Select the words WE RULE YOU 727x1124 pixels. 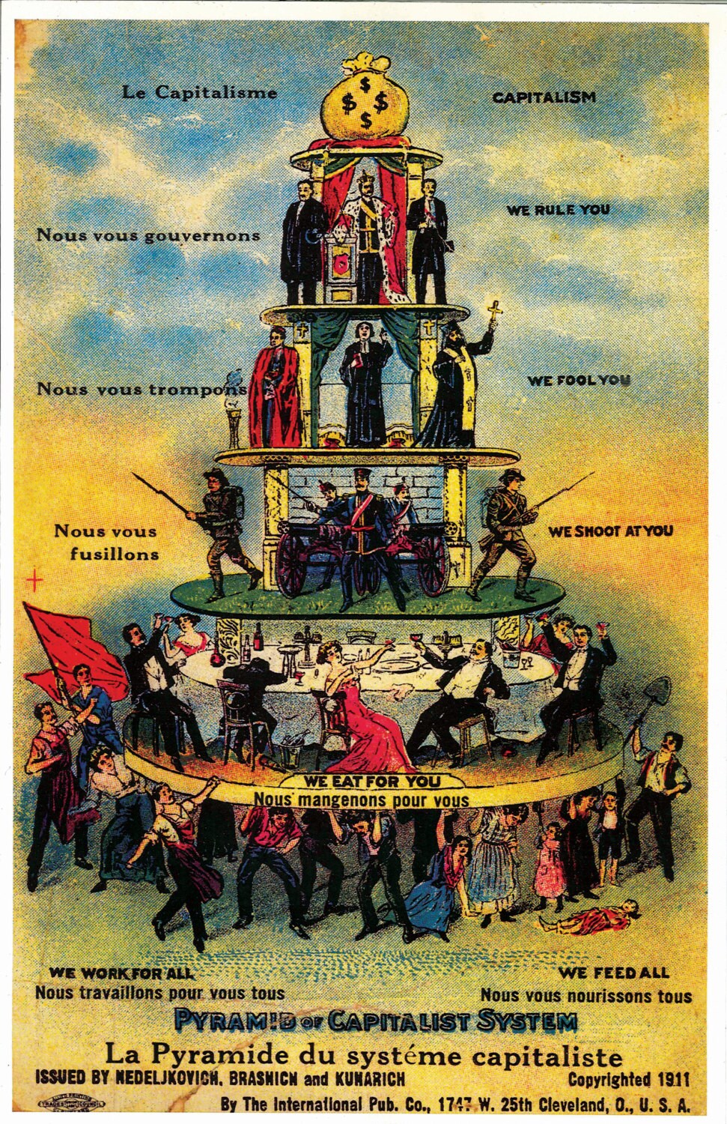tap(558, 210)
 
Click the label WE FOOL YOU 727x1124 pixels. tap(578, 380)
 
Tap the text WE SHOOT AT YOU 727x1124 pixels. tap(610, 531)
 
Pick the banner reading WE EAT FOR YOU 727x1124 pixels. tap(372, 781)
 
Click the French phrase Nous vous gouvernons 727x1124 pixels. tap(148, 235)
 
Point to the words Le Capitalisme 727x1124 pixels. tap(199, 93)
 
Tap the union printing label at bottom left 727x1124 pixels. tap(72, 1103)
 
